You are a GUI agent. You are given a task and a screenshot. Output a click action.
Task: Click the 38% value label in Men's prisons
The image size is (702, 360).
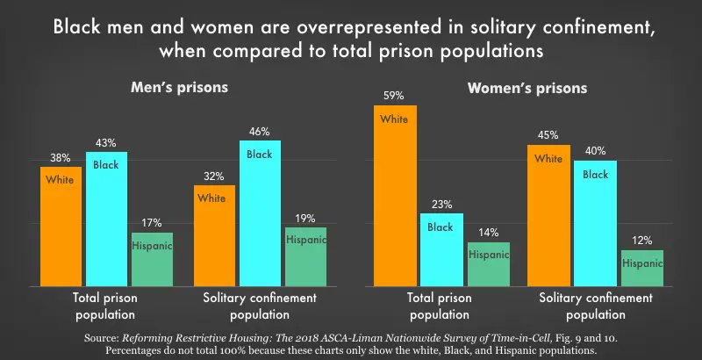pyautogui.click(x=60, y=158)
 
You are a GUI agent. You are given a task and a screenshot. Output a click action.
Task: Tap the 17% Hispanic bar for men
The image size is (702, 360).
pyautogui.click(x=152, y=259)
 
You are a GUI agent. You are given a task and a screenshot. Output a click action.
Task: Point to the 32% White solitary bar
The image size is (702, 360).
pyautogui.click(x=213, y=234)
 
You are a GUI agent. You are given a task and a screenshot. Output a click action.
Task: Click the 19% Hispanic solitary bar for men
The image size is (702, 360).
pyautogui.click(x=305, y=256)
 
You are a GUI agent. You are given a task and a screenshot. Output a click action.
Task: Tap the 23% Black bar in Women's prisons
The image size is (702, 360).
pyautogui.click(x=441, y=249)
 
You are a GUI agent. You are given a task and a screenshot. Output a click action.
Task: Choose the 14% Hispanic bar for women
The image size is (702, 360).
pyautogui.click(x=488, y=263)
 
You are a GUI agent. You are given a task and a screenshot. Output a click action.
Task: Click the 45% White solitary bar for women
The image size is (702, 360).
pyautogui.click(x=548, y=215)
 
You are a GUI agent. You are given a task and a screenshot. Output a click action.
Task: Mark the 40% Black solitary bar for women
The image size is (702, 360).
pyautogui.click(x=595, y=223)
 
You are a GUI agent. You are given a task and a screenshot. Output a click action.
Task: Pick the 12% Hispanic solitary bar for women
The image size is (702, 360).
pyautogui.click(x=641, y=268)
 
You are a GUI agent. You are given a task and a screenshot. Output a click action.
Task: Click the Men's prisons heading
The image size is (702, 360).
pyautogui.click(x=179, y=88)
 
